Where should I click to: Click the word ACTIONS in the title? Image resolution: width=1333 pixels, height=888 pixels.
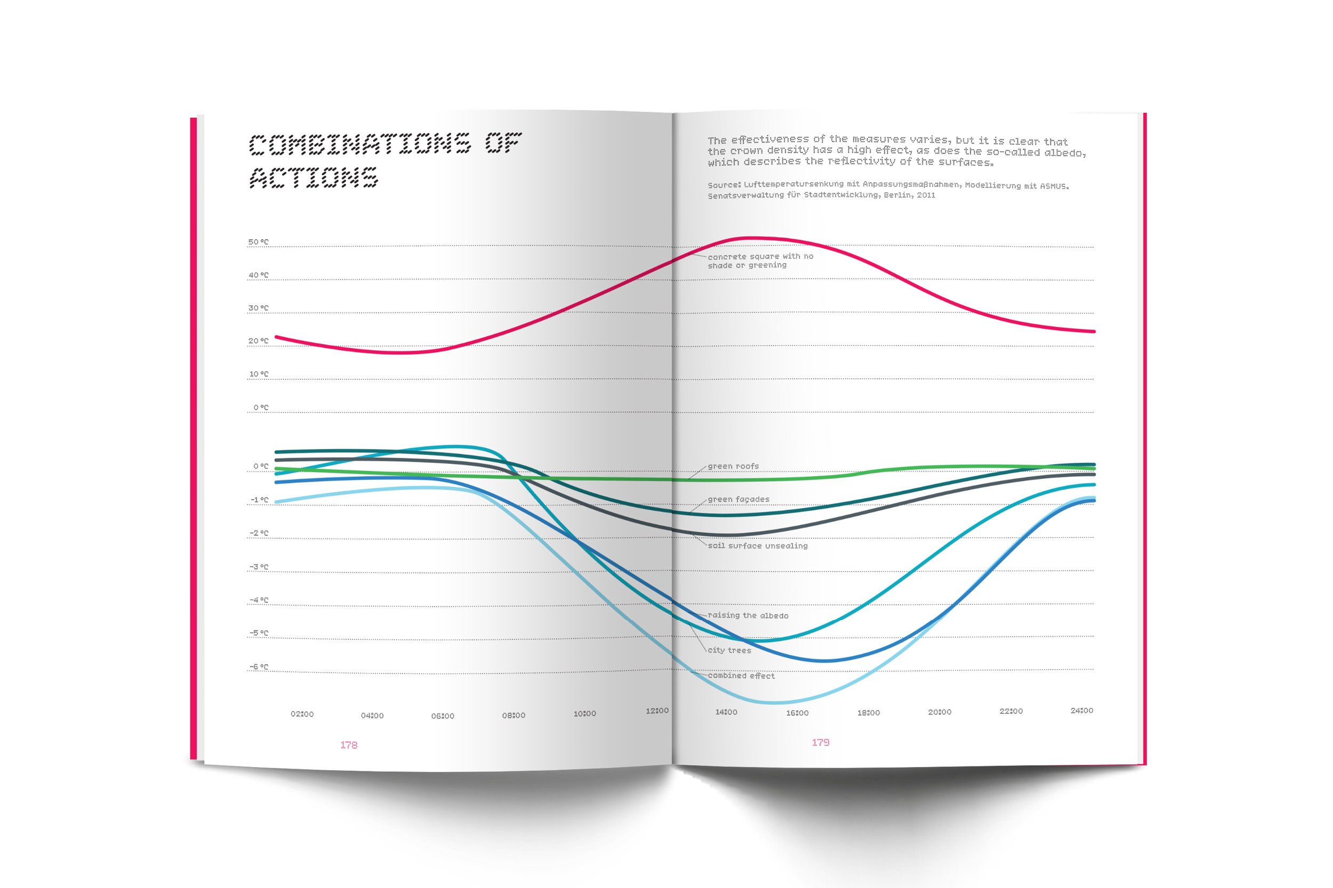point(314,177)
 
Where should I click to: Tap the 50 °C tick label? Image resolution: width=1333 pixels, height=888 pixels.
point(259,242)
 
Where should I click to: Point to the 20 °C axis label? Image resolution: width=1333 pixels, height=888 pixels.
point(259,341)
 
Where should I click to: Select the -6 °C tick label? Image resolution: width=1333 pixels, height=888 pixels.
point(259,666)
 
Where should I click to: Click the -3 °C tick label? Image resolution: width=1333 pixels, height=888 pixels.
point(259,567)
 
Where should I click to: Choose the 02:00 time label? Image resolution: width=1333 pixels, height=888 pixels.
point(302,714)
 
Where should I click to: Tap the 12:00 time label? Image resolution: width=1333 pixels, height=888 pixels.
point(657,711)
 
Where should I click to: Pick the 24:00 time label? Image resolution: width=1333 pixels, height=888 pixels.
point(1081,711)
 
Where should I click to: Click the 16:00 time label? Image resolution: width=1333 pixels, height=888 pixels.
point(797,713)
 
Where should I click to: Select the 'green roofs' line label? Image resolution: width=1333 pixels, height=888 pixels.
point(733,467)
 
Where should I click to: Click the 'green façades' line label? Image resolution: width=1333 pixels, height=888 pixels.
point(738,500)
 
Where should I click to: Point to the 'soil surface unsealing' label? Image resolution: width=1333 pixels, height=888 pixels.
point(758,546)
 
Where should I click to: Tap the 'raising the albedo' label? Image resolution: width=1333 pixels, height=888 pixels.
point(748,616)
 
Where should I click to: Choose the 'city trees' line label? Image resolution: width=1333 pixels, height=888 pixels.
point(729,651)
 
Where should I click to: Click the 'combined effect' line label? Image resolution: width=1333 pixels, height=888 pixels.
point(741,675)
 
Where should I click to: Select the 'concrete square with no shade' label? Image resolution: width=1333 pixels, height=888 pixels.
point(760,261)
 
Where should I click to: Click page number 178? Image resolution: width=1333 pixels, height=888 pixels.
point(349,745)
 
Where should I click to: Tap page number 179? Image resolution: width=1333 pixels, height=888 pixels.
point(821,743)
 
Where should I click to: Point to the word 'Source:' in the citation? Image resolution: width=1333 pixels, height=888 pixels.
point(724,185)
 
